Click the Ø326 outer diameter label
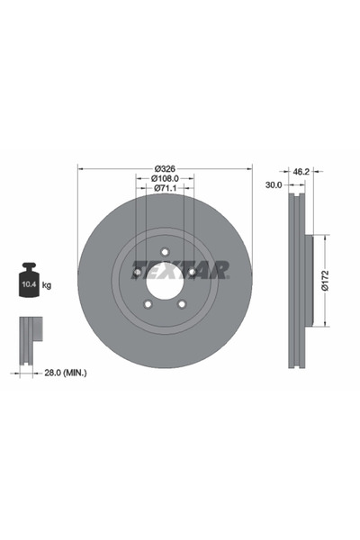pos(165,168)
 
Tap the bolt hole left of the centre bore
pos(137,272)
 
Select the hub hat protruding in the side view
pos(310,281)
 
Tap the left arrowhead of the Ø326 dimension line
pos(81,168)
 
